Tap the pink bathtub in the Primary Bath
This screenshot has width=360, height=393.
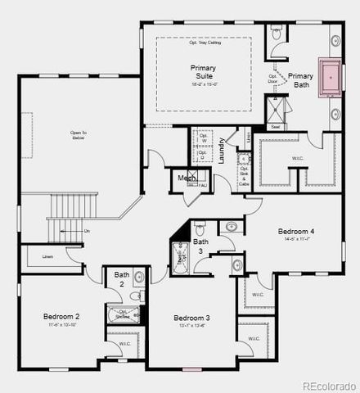[x=332, y=77]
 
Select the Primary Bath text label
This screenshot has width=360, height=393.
[x=300, y=79]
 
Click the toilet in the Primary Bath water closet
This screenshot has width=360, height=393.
[x=277, y=35]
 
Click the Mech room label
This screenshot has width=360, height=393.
[x=185, y=178]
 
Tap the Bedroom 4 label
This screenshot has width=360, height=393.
[x=295, y=232]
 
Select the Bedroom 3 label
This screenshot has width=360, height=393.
[x=192, y=318]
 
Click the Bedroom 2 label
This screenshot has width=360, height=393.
[x=61, y=316]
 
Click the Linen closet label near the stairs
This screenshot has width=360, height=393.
[x=48, y=257]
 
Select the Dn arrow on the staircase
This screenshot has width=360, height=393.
[x=86, y=231]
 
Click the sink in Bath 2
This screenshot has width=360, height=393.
[x=138, y=278]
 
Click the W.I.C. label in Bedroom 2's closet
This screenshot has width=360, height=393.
[x=124, y=344]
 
